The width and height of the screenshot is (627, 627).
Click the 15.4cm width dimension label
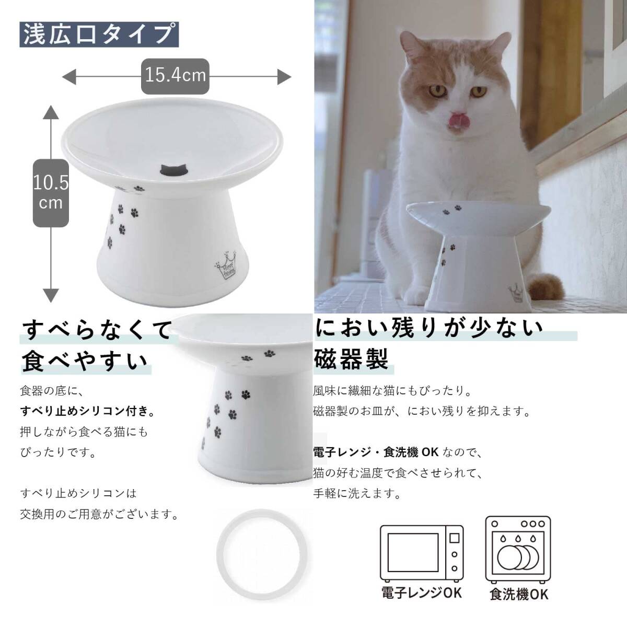pos(176,76)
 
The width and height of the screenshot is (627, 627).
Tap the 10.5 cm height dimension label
pos(51,192)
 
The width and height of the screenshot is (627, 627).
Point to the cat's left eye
pos(477,91)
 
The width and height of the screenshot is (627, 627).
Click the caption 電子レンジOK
pos(421,593)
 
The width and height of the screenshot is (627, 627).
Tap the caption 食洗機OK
pos(519,594)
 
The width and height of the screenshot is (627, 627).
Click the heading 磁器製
pos(351,360)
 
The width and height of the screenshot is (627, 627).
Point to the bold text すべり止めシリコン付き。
pos(87,411)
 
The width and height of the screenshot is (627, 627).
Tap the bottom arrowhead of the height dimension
pos(51,296)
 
